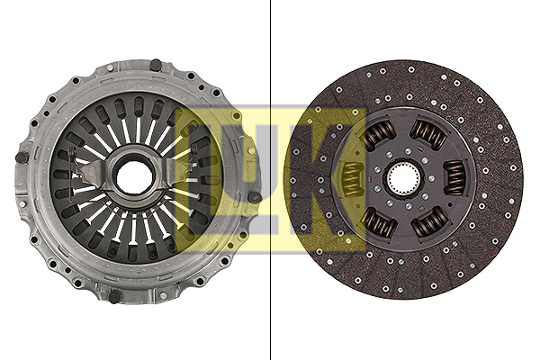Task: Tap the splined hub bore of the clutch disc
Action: pyautogui.click(x=403, y=179)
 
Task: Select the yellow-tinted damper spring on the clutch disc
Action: pyautogui.click(x=352, y=179)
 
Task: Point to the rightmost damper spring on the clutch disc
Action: pyautogui.click(x=454, y=178)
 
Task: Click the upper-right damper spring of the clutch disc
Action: pyautogui.click(x=427, y=134)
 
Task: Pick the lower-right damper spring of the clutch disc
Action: pyautogui.click(x=429, y=222)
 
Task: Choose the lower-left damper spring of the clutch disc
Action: pyautogui.click(x=379, y=223)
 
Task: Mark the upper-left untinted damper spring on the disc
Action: pyautogui.click(x=379, y=134)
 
